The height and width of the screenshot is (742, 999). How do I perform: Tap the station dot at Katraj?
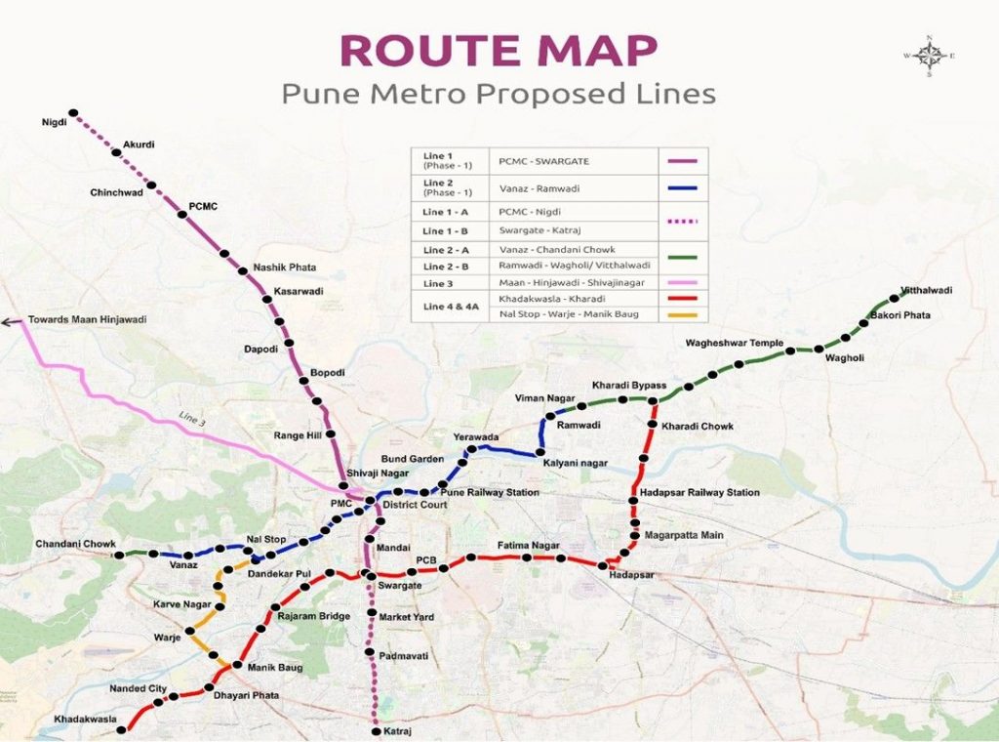click(x=376, y=730)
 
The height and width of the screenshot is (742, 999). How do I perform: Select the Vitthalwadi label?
click(x=926, y=290)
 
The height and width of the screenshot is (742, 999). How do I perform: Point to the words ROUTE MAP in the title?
click(x=499, y=51)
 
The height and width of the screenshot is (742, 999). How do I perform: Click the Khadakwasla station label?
click(x=85, y=720)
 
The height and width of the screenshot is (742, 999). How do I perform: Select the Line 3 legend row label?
click(x=438, y=283)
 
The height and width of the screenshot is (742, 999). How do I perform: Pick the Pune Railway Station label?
click(x=489, y=493)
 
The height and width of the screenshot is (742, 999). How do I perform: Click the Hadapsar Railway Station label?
click(x=699, y=493)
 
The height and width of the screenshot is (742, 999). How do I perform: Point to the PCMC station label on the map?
click(x=204, y=206)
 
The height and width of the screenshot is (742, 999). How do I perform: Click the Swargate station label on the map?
click(x=400, y=585)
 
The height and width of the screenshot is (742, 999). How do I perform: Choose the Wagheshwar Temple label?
click(x=734, y=344)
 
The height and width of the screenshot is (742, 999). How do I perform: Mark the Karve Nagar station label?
click(x=181, y=604)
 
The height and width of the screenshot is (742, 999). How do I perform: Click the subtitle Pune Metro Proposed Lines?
click(x=499, y=94)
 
